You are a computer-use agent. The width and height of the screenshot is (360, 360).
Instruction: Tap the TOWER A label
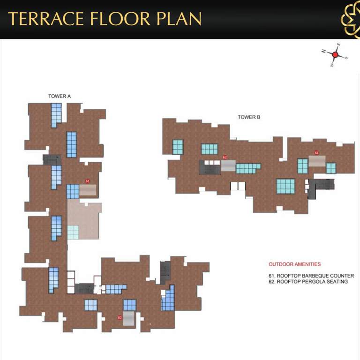pos(59,96)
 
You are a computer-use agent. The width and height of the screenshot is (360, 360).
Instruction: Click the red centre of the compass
pos(335,55)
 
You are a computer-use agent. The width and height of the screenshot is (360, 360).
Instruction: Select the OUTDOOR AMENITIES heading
pos(294,264)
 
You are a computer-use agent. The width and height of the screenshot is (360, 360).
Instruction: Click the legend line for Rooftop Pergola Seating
pos(308,282)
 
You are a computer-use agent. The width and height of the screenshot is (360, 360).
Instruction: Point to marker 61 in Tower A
pos(87,181)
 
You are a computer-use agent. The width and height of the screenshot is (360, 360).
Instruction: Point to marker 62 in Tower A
pos(120,317)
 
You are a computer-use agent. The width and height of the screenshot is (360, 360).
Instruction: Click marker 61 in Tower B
pos(317,153)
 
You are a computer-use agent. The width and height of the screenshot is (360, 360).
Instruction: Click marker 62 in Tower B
pos(225,157)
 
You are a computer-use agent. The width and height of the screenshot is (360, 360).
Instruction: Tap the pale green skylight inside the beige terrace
pos(73,232)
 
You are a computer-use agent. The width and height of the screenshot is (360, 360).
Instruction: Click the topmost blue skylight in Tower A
pos(56,114)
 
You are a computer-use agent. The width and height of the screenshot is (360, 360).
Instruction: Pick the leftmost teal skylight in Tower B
pos(178,147)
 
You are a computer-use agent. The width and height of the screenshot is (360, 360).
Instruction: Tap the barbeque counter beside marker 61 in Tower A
pos(88,190)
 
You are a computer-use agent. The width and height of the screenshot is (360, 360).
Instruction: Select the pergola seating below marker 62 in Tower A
pos(129,319)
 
